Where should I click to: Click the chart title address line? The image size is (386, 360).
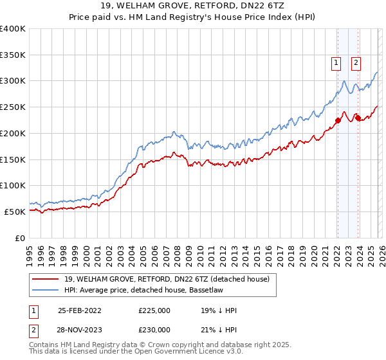point(193,6)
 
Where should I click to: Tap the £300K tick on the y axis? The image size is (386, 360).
point(13,81)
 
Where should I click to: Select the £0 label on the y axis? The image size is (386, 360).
point(21,238)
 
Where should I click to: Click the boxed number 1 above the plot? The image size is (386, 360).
point(336,62)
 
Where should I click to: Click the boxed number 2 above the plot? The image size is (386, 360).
point(356,62)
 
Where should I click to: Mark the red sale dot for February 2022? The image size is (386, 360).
point(337,120)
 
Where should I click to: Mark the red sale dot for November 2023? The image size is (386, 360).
point(357,117)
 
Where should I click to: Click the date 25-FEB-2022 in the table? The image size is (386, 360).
point(80,310)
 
